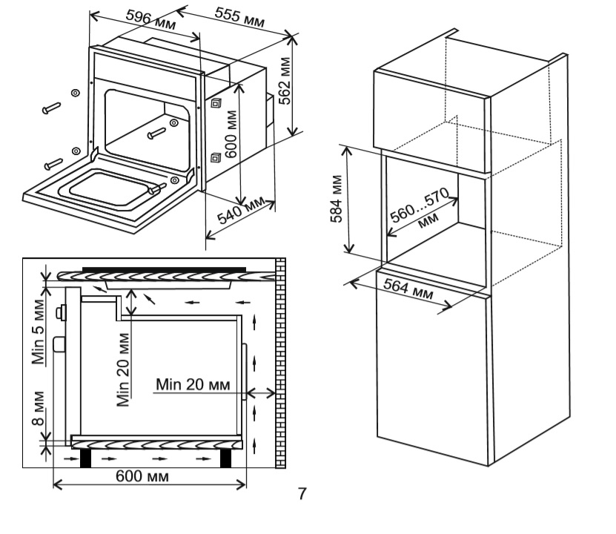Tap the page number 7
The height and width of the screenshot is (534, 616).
point(301,492)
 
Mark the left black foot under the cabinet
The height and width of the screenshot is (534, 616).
point(85,458)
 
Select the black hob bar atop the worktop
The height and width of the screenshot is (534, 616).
point(163,268)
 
